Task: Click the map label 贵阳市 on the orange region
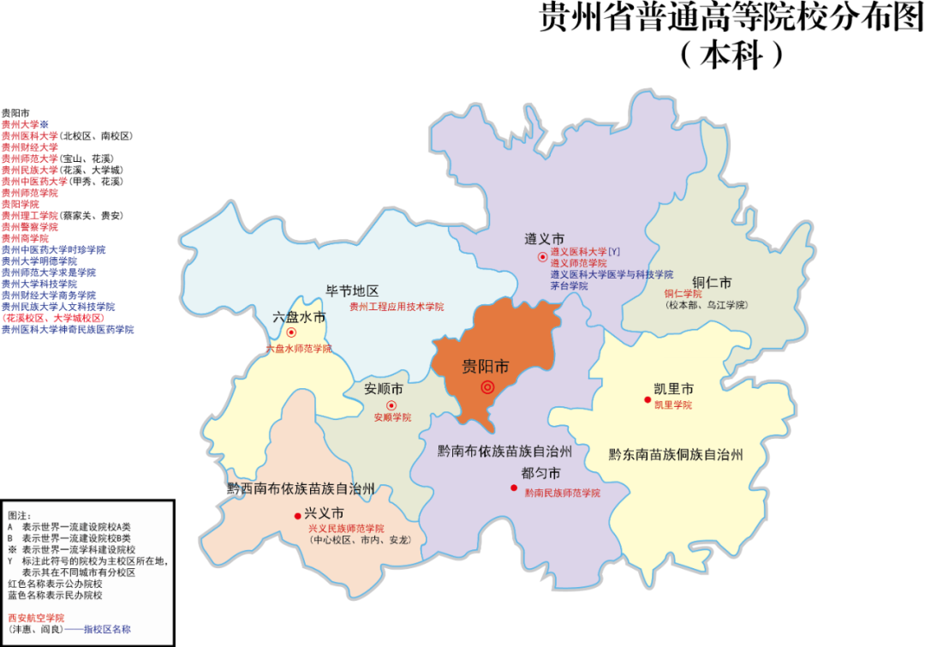pos(486,367)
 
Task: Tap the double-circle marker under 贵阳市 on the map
pos(487,387)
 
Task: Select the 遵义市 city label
pos(545,238)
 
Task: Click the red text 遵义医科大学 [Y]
pos(584,252)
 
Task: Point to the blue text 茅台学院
pos(569,286)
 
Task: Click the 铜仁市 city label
pos(712,282)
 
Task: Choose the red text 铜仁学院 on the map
pos(683,294)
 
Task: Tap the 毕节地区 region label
pos(352,291)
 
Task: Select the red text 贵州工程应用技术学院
pos(397,306)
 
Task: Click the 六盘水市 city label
pos(299,316)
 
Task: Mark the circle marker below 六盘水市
pos(291,332)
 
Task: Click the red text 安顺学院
pos(392,417)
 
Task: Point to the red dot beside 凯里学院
pos(648,400)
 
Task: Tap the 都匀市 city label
pos(540,474)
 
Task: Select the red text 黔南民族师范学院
pos(562,493)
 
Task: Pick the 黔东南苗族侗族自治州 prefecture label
pos(676,454)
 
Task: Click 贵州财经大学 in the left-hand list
pos(30,147)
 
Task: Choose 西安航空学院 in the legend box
pos(36,618)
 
